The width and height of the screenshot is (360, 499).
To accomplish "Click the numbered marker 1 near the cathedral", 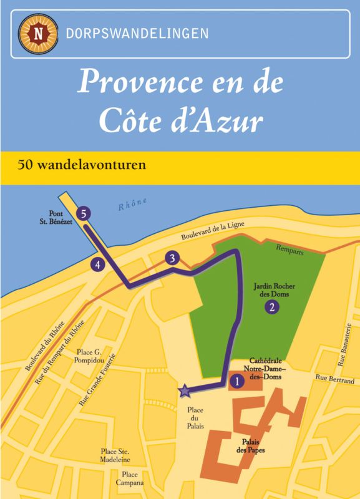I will point(236,379).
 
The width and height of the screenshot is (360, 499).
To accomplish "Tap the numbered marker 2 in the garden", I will point(271,306).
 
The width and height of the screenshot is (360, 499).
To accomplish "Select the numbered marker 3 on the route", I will point(172,258).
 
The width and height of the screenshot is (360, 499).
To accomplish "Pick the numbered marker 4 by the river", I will point(97,264).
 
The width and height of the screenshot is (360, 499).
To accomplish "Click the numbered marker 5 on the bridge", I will point(85,213).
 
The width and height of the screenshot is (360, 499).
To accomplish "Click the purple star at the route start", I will point(184,391).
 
